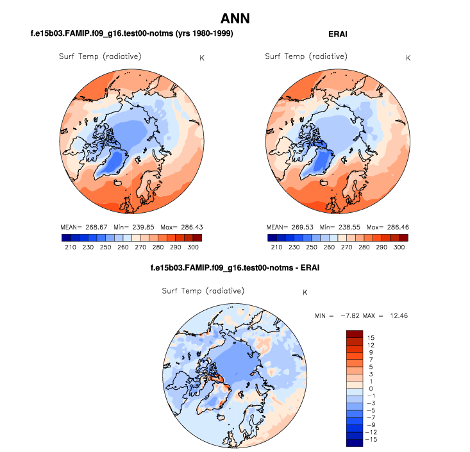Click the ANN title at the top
click(235, 17)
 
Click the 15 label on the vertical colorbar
click(371, 337)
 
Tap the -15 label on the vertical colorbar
click(373, 441)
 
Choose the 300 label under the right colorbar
click(399, 247)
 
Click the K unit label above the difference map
click(305, 292)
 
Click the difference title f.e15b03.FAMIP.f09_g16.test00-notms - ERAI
click(234, 267)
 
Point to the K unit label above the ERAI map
click(408, 58)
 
